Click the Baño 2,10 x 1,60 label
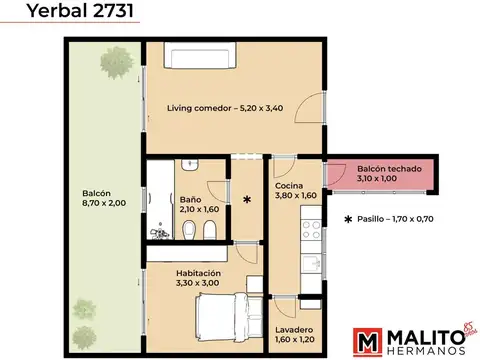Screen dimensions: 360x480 coord(198,204)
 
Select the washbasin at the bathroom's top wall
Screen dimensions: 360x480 coord(193,165)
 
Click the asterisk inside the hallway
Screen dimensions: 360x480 coord(246,200)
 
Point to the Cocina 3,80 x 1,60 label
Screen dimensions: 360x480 coord(295,190)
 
